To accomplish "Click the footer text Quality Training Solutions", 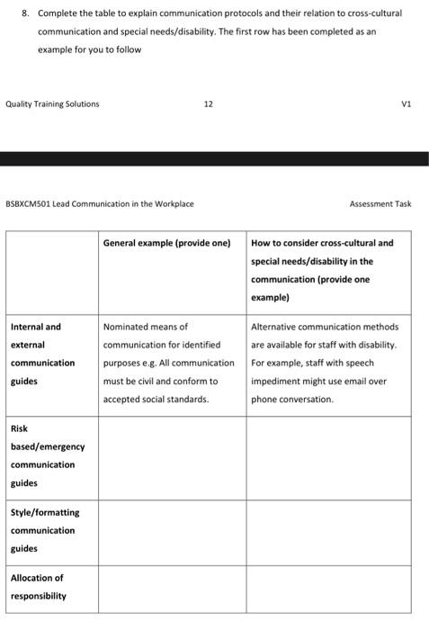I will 52,103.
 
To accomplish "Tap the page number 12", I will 208,103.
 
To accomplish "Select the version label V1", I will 406,103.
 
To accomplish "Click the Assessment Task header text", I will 380,203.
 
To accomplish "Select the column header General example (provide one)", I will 167,243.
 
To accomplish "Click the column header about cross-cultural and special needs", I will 322,269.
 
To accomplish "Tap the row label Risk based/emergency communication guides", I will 48,455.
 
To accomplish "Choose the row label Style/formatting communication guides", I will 45,530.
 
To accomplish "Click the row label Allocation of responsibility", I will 38,587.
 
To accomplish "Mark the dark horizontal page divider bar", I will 214,158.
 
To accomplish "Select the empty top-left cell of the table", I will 51,269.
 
